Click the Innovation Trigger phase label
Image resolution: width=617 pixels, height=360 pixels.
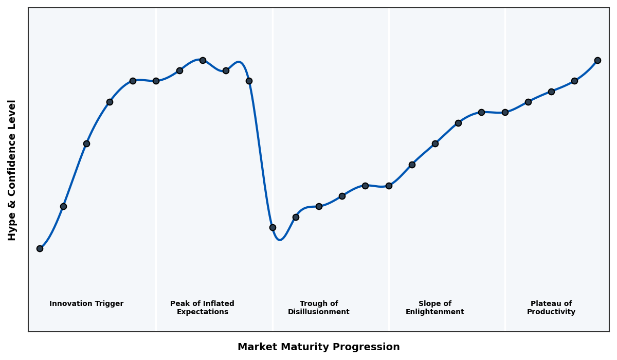[86, 304]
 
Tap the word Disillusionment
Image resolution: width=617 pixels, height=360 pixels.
[318, 312]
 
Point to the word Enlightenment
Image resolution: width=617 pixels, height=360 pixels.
[434, 312]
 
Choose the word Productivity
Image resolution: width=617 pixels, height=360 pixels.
[551, 312]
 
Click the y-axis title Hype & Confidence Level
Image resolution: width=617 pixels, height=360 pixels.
[12, 170]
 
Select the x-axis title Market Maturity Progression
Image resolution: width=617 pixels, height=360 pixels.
[318, 347]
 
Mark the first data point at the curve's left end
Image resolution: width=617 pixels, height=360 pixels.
[40, 248]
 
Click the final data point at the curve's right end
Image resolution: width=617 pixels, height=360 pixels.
[597, 60]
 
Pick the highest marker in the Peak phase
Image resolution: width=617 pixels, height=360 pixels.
[203, 60]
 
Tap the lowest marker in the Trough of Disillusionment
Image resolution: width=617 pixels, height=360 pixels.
[273, 227]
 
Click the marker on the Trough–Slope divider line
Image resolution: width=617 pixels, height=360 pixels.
[389, 186]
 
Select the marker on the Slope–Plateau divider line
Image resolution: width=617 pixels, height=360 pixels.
[505, 112]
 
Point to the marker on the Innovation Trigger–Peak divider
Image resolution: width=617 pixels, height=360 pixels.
[156, 81]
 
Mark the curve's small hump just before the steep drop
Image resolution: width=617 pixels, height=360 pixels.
[239, 62]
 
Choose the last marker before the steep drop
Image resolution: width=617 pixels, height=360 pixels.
[249, 81]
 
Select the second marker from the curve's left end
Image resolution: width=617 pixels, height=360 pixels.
[63, 206]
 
